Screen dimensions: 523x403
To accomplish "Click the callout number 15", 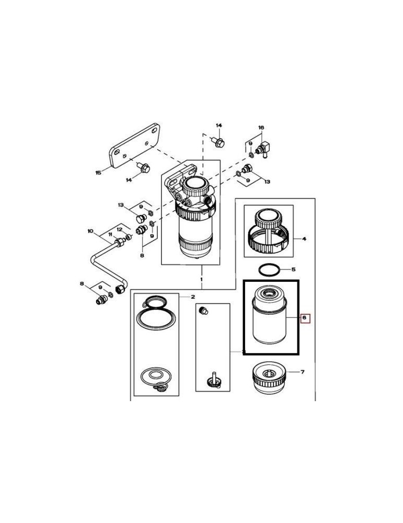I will [98, 173].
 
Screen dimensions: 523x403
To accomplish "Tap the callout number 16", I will [261, 128].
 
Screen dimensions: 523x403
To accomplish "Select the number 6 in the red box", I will [305, 318].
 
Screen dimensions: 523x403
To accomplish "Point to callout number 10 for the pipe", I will [90, 231].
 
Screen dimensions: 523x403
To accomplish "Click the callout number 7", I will [302, 372].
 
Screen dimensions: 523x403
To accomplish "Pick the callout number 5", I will [293, 270].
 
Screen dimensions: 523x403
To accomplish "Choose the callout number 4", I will [304, 239].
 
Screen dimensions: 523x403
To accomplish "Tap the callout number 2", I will [193, 297].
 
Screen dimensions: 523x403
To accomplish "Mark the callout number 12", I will [120, 229].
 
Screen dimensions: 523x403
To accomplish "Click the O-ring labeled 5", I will [268, 270].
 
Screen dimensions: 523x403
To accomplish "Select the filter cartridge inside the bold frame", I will [269, 319].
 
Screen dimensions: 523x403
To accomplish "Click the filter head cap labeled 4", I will [268, 230].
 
